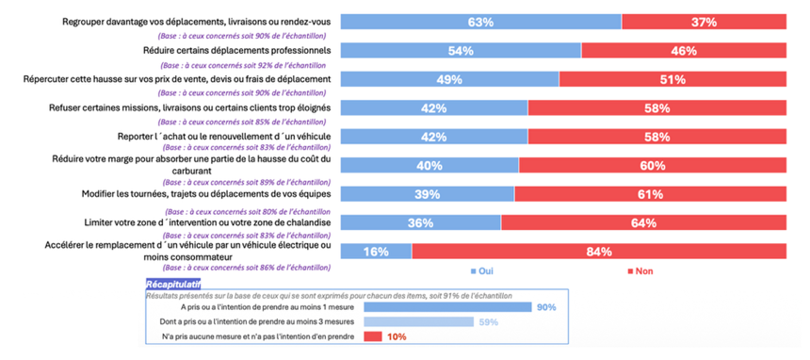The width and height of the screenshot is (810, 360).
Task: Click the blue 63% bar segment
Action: [481, 22]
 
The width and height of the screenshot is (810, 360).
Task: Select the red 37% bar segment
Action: [705, 22]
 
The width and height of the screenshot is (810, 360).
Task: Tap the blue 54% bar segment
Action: [461, 51]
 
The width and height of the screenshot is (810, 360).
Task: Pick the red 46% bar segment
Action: [684, 51]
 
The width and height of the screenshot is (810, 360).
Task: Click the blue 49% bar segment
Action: [450, 79]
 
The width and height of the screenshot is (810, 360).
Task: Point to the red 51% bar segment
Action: [673, 79]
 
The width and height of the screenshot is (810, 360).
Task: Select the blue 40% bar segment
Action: [429, 166]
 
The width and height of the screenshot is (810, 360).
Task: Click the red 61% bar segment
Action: [651, 194]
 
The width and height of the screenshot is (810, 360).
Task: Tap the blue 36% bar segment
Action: [421, 223]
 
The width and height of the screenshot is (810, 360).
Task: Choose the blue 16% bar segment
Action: [376, 252]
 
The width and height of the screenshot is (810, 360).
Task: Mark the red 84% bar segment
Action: [599, 252]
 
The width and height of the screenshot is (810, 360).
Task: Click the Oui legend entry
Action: [482, 271]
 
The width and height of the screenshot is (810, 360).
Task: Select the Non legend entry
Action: [640, 271]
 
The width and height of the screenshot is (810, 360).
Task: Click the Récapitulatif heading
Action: [173, 284]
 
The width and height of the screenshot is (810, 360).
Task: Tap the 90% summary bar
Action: [448, 307]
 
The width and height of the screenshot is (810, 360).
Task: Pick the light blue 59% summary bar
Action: [419, 321]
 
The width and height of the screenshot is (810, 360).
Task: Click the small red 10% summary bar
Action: [373, 336]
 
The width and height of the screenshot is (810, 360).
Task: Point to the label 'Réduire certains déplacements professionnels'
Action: [236, 51]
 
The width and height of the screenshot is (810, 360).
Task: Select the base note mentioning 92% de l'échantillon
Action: [243, 65]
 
